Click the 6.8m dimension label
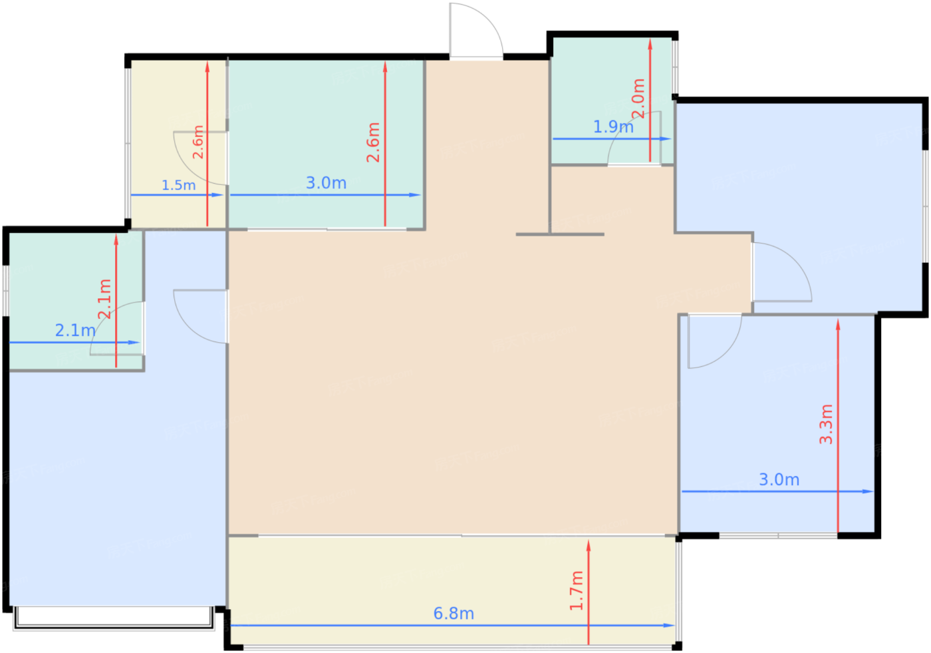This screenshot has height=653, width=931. [x=454, y=614]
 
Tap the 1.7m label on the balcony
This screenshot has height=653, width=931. [x=577, y=590]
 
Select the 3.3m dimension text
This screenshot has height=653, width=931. [x=826, y=424]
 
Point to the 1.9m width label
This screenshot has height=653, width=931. [x=613, y=127]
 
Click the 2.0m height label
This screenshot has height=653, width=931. [x=638, y=99]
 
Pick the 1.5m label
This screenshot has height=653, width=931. [x=178, y=185]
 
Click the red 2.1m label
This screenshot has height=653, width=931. [x=104, y=299]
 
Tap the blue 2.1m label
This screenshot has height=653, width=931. [x=75, y=331]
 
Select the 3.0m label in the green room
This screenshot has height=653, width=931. [x=327, y=183]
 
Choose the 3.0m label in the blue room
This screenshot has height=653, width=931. [x=779, y=479]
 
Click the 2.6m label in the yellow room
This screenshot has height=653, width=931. [x=198, y=142]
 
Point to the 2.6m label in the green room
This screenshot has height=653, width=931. [x=373, y=142]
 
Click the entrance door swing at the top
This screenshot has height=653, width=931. [x=476, y=31]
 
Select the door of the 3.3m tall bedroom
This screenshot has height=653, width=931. [x=715, y=341]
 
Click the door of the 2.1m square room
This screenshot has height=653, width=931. [x=117, y=329]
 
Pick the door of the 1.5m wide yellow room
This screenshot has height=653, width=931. [x=200, y=158]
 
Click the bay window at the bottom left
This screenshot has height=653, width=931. [x=114, y=618]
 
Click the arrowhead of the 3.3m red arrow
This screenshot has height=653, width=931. [x=838, y=324]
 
